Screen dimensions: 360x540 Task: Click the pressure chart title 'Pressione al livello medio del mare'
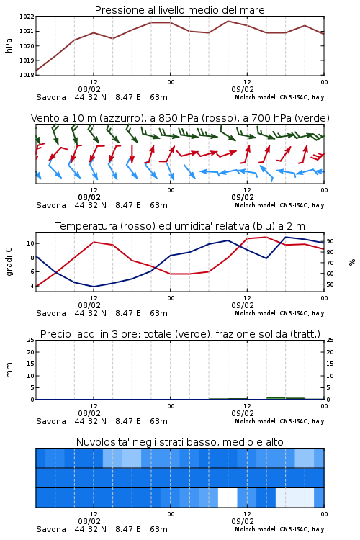179,10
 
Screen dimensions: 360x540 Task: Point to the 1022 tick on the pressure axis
27,17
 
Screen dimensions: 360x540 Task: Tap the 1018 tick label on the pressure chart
27,75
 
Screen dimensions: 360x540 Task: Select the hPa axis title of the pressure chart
9,45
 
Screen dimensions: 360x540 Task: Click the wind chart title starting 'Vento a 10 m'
180,118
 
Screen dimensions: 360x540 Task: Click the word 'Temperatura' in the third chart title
86,226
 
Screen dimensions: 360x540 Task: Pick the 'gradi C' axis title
9,261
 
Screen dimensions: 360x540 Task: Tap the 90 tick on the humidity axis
330,241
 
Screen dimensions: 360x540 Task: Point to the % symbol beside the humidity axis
352,262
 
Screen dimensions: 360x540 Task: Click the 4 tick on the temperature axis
32,286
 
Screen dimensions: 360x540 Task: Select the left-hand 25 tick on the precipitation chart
31,340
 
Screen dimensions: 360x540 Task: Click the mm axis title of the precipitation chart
9,370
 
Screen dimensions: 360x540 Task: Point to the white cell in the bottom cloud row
228,498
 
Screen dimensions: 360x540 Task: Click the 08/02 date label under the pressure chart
89,89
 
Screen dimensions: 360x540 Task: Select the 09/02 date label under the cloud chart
243,521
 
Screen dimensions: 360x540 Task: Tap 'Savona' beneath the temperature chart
51,313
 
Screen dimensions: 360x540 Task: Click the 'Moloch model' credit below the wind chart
256,205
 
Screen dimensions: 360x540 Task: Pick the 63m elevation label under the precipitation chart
159,421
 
